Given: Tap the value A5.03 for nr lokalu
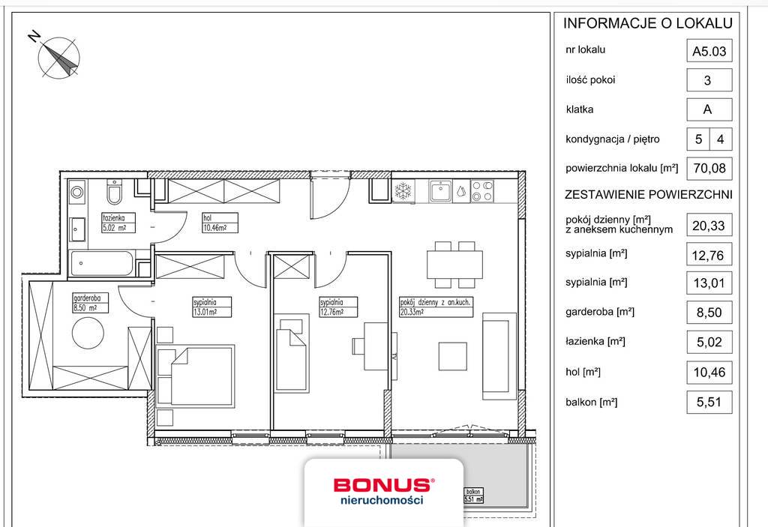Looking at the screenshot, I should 707,52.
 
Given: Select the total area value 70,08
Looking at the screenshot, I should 707,168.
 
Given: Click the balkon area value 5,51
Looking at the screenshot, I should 707,402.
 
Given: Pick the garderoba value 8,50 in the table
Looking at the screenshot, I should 707,313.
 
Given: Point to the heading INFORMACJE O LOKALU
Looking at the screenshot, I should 647,23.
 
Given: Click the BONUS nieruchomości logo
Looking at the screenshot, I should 382,491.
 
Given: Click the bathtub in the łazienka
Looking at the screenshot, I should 100,264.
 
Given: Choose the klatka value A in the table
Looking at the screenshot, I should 707,109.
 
